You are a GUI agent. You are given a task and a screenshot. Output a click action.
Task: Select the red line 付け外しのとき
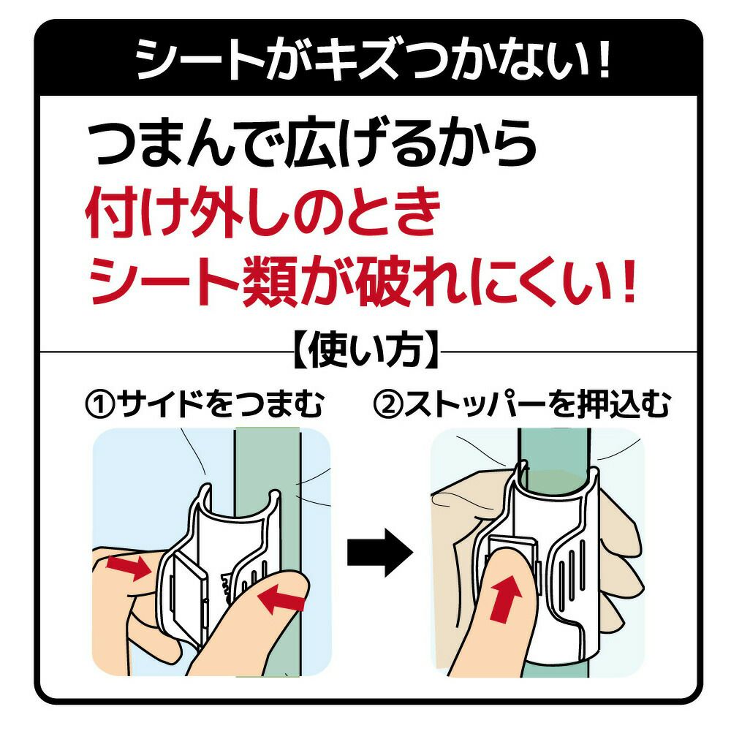click(x=264, y=213)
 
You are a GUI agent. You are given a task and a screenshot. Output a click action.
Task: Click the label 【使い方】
click(x=364, y=352)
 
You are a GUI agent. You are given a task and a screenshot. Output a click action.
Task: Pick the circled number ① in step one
click(x=99, y=403)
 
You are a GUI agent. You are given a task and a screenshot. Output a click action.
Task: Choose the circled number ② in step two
click(x=387, y=403)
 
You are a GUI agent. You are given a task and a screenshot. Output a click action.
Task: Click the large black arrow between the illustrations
click(x=378, y=554)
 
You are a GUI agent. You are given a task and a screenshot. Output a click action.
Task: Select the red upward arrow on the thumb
click(x=506, y=594)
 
